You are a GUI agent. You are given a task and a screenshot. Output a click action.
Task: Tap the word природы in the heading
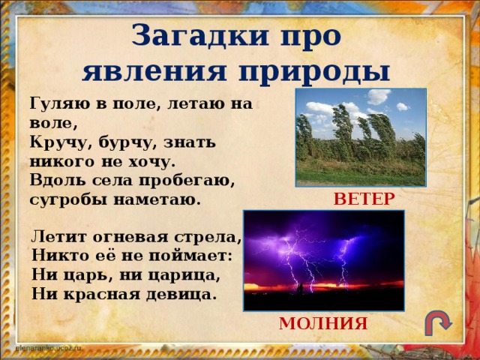pos(314,73)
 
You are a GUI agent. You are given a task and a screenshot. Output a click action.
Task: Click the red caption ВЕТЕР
pos(364,198)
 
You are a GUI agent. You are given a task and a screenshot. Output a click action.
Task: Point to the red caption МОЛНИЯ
pos(323,323)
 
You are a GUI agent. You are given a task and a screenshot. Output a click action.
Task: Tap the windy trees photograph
pos(361,136)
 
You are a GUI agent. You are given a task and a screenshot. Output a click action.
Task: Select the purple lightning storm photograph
pos(323,259)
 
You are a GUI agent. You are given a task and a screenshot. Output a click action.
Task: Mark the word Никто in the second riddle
pos(58,257)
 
